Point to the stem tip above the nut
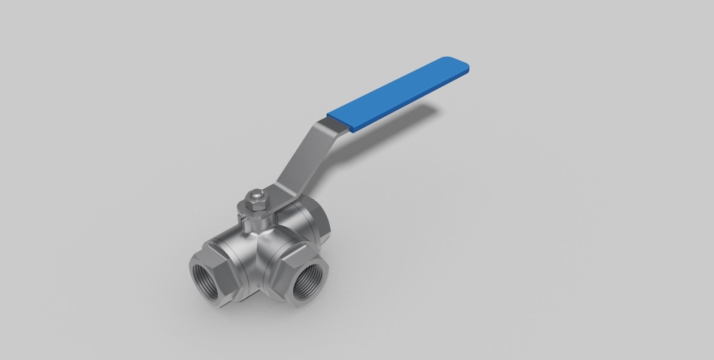255,195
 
